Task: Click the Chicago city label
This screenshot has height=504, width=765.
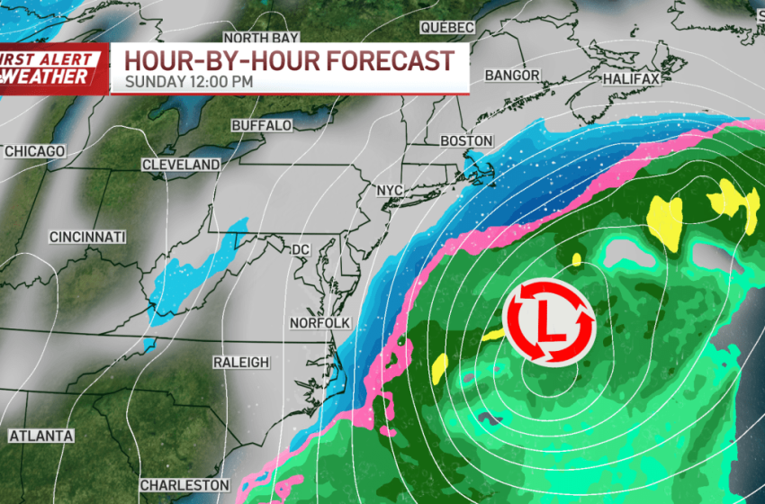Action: pos(36,151)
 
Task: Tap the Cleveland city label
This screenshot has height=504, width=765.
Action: pos(181,165)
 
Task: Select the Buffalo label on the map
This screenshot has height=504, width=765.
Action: pos(262,125)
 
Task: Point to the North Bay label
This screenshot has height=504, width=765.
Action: pos(260,38)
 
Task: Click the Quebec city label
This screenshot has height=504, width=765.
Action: pos(446,28)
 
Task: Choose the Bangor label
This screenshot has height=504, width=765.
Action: pos(512,76)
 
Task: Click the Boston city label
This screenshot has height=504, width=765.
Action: pos(467,141)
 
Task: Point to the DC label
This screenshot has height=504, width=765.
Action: pos(300,249)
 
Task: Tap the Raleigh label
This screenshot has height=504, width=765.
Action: pos(241,362)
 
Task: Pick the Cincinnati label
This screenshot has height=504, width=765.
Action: pos(87,237)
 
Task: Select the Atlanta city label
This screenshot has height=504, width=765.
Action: pos(41,436)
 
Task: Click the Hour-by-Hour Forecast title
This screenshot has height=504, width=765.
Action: pos(289,61)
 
